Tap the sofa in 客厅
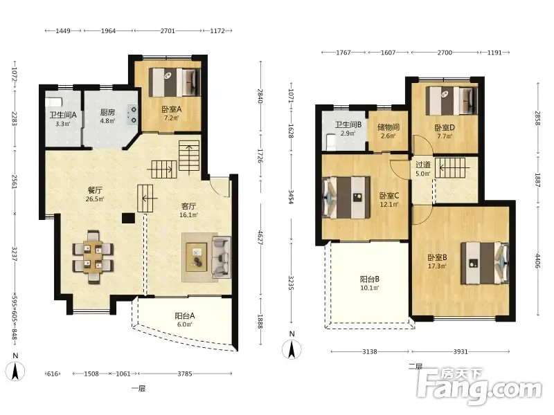pyautogui.click(x=221, y=257)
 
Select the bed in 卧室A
pyautogui.click(x=175, y=82)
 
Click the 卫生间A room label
pyautogui.click(x=63, y=115)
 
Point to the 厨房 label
pyautogui.click(x=107, y=112)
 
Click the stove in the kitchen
pyautogui.click(x=133, y=115)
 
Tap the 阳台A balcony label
pyautogui.click(x=184, y=316)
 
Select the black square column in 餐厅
pyautogui.click(x=128, y=218)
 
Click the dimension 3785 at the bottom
pyautogui.click(x=185, y=373)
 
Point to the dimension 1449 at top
pyautogui.click(x=63, y=30)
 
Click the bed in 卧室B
pyautogui.click(x=485, y=263)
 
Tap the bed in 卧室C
pyautogui.click(x=346, y=197)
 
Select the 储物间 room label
pyautogui.click(x=388, y=127)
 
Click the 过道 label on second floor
pyautogui.click(x=422, y=165)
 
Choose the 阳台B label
pyautogui.click(x=370, y=279)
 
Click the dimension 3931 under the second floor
pyautogui.click(x=461, y=351)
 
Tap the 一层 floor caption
pyautogui.click(x=138, y=389)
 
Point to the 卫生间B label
pyautogui.click(x=348, y=124)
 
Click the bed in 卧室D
pyautogui.click(x=452, y=100)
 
